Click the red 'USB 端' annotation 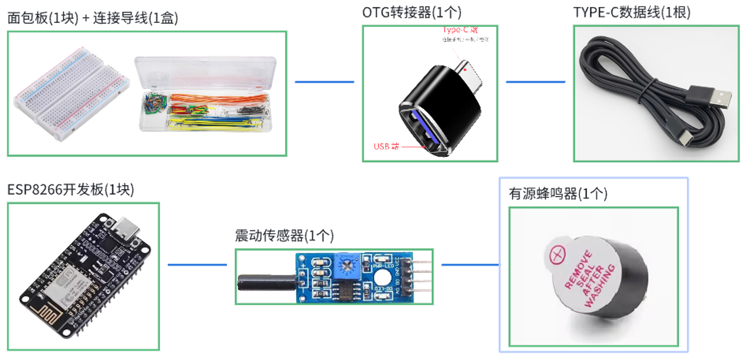pos(386,146)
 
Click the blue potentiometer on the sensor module pos(347,267)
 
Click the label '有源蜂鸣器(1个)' pos(558,194)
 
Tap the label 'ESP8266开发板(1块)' pos(70,190)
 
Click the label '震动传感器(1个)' pos(284,236)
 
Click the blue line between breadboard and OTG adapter pos(324,82)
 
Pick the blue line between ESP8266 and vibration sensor pos(197,264)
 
